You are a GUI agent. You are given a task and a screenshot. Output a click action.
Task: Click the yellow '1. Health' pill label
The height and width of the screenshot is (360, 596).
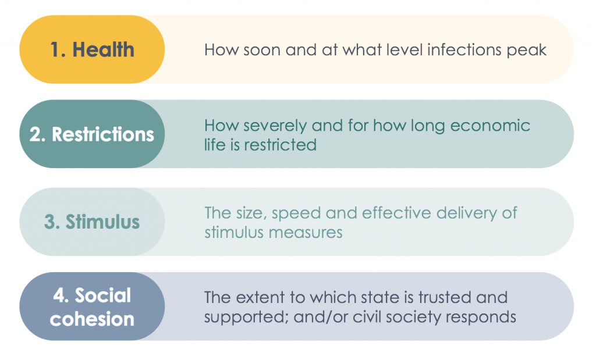point(92,50)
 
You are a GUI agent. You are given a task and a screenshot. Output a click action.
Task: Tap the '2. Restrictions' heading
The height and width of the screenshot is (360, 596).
point(92,134)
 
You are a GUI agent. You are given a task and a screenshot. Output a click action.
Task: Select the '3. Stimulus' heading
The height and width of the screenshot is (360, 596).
point(92,222)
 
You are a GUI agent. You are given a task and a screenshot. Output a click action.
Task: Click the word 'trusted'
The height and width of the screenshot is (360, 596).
point(444,298)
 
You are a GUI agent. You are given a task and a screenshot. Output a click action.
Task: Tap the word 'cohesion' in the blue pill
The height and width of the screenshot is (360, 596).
point(92,319)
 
